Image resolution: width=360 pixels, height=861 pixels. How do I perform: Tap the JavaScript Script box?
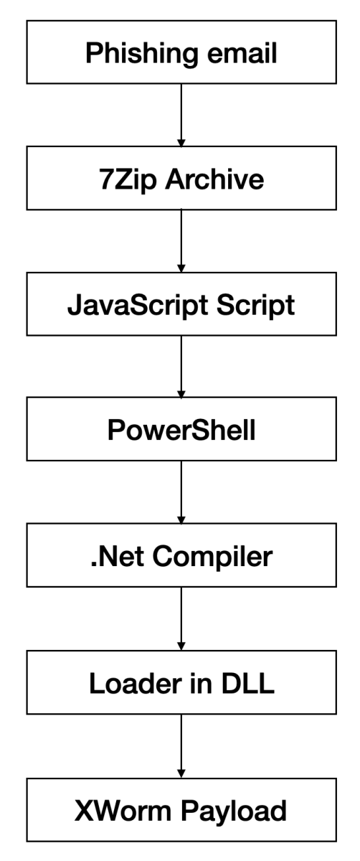181,305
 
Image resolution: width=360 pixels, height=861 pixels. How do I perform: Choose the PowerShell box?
181,430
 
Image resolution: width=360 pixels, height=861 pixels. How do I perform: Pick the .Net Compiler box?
181,556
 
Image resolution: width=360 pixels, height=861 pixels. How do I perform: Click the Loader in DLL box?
181,683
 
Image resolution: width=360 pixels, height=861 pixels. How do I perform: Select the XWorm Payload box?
181,810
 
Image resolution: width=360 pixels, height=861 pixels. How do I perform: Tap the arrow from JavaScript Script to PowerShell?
181,368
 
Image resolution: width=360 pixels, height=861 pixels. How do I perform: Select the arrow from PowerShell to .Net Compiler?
181,494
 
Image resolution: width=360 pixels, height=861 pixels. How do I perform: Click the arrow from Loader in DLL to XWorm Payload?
181,747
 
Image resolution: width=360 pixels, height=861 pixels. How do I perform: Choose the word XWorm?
120,810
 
